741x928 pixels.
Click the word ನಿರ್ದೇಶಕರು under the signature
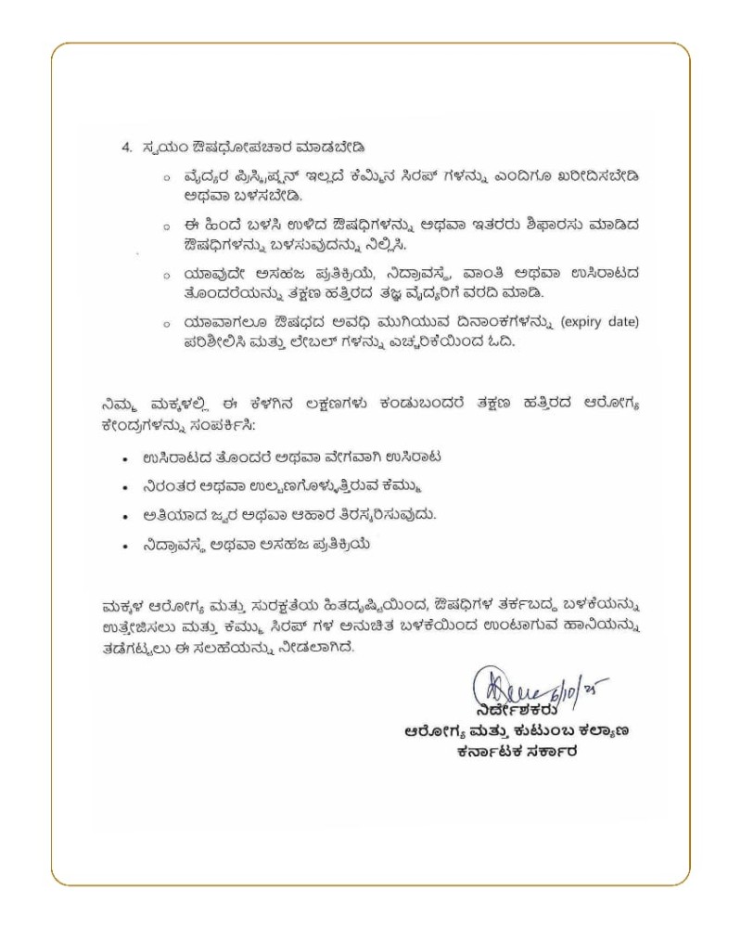[505, 710]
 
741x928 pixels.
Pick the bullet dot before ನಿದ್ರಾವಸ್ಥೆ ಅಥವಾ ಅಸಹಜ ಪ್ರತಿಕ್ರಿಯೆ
[125, 546]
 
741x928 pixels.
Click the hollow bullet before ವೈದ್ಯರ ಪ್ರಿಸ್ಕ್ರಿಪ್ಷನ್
[165, 177]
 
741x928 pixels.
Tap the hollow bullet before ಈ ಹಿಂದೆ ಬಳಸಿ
[165, 226]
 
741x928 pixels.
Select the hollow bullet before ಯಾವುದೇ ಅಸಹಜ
[165, 275]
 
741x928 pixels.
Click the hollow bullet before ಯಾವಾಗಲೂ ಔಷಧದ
[165, 323]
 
